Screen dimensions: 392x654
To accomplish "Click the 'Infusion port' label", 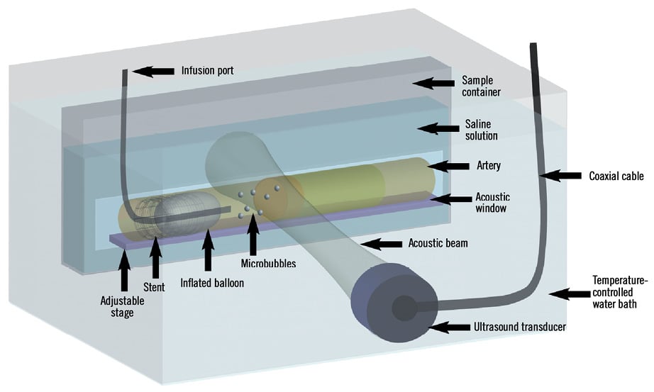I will (207, 71).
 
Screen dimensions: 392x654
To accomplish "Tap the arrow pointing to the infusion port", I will (154, 71).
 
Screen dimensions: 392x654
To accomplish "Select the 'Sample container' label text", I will (481, 86).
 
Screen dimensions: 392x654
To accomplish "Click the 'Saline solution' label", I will (479, 130).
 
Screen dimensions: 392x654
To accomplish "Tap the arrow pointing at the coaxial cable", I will (560, 174).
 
